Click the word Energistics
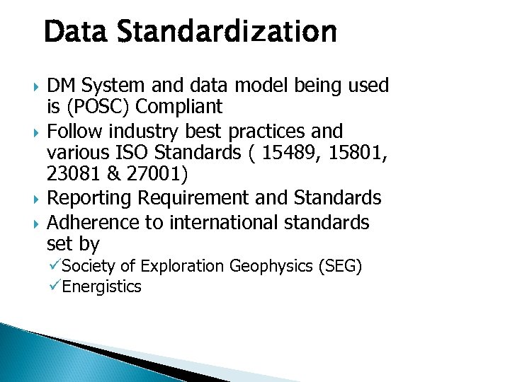tap(102, 286)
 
